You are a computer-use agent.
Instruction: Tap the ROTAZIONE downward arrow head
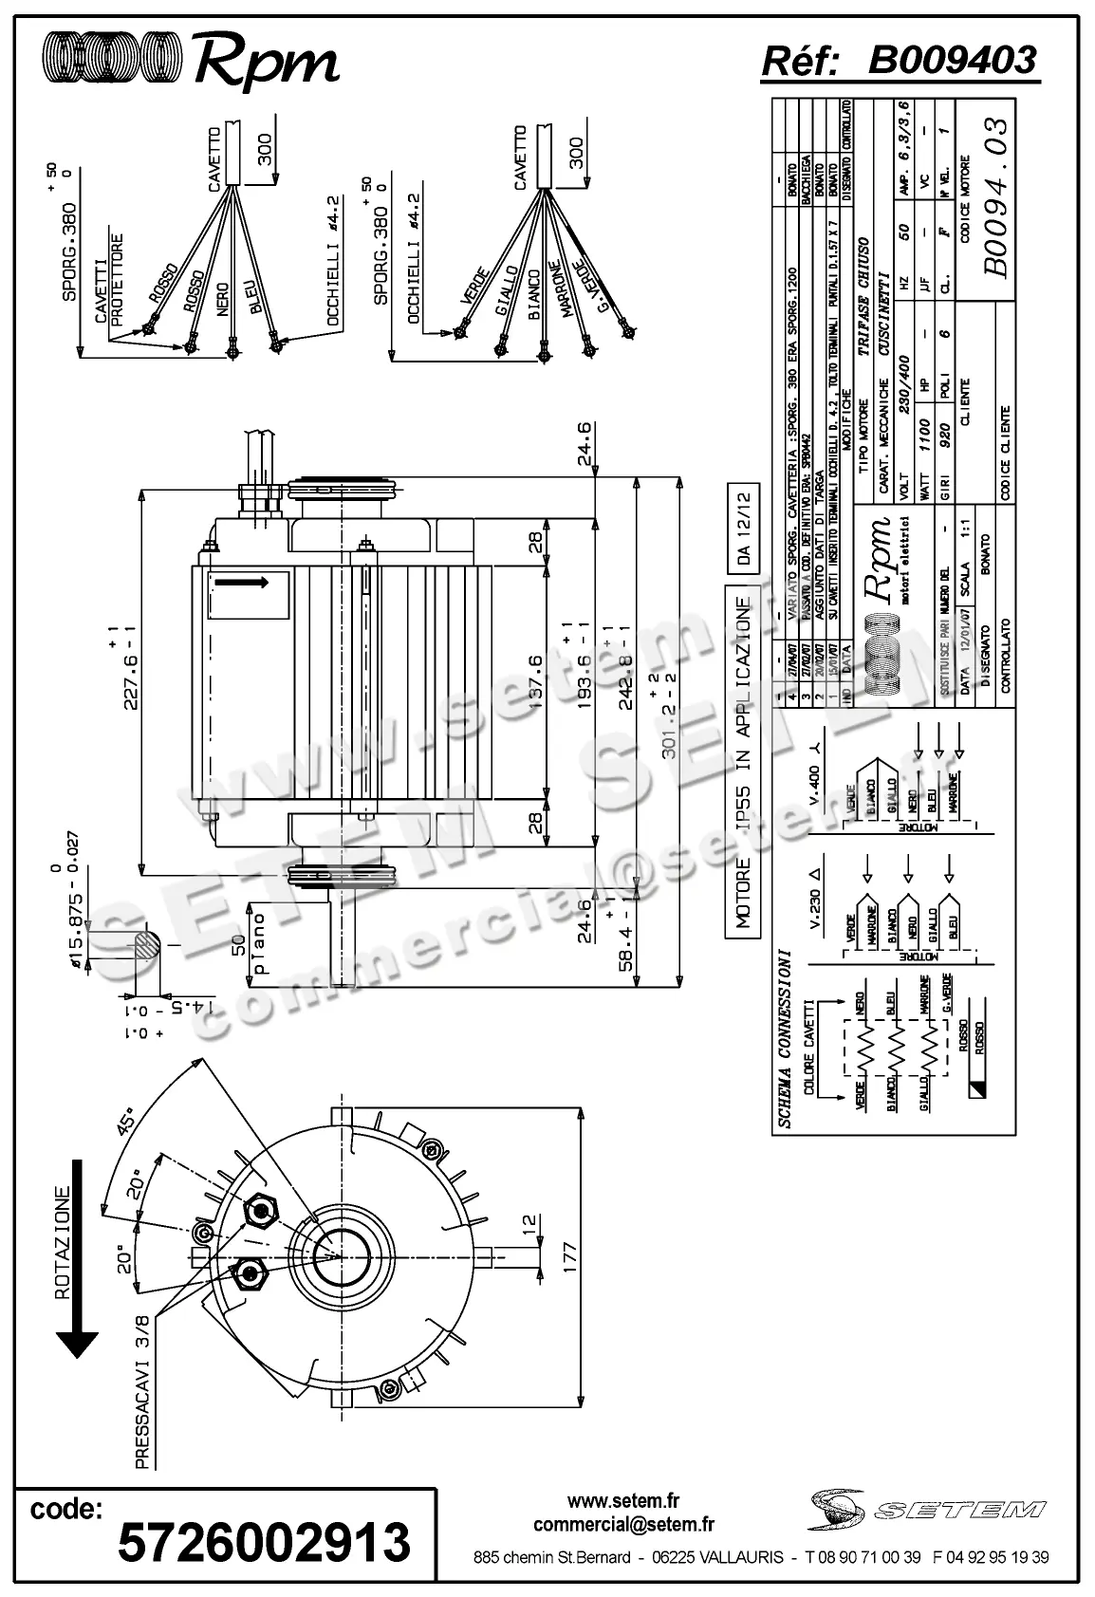tap(77, 1344)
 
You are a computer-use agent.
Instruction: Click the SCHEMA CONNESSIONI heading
tap(784, 1038)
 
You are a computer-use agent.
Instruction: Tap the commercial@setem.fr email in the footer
tap(623, 1525)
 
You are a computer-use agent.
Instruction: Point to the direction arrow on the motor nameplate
tap(248, 580)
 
